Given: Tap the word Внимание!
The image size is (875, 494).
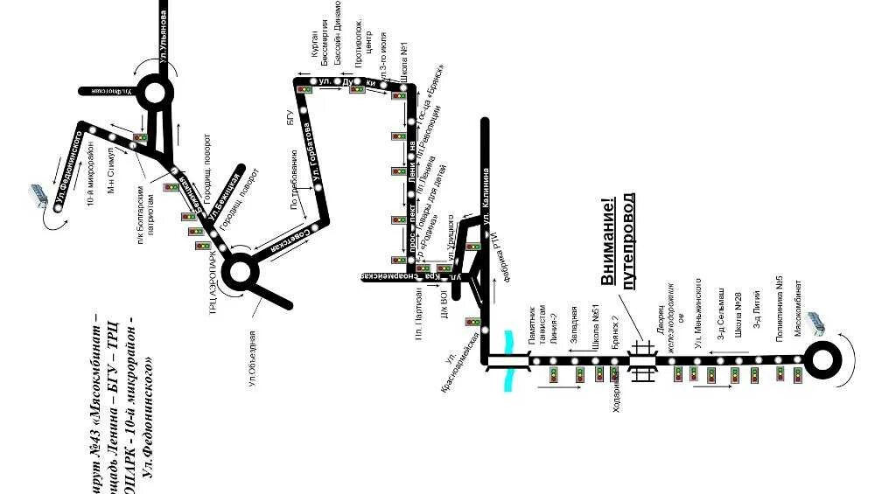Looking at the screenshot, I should click(x=606, y=243).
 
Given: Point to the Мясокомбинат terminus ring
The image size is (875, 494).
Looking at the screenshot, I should click(x=823, y=359).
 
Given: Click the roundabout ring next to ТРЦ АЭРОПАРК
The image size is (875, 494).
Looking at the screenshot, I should click(x=241, y=273).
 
